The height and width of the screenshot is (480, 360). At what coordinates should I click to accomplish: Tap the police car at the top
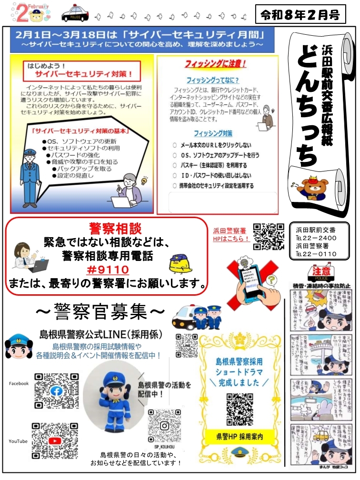(x=75, y=13)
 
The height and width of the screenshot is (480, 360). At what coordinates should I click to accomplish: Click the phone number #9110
(x=106, y=270)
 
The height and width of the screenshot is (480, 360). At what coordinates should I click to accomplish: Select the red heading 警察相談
(x=108, y=228)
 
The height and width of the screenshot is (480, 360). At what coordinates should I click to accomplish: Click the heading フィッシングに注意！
(x=216, y=64)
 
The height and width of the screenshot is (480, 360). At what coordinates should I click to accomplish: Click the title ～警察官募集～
(x=100, y=312)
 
